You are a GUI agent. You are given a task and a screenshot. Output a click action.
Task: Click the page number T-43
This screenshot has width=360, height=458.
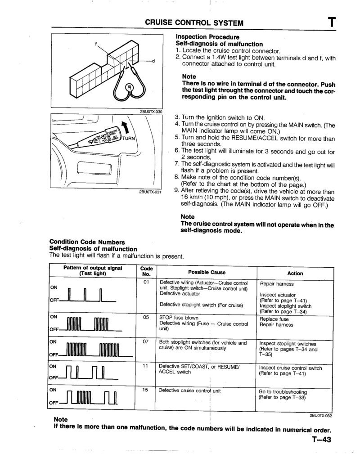click(320, 440)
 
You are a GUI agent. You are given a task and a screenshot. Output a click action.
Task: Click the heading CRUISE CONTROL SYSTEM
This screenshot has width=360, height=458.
click(194, 22)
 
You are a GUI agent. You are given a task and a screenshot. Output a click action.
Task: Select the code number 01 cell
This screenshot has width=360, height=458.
click(146, 282)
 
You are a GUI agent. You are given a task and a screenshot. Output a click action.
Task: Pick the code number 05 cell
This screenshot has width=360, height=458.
click(146, 317)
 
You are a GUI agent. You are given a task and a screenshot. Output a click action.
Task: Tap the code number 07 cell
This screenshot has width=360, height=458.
click(146, 342)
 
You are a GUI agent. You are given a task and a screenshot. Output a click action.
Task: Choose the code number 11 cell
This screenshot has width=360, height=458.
click(146, 366)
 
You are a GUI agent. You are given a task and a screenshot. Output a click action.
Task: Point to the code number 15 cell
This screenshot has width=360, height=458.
click(146, 390)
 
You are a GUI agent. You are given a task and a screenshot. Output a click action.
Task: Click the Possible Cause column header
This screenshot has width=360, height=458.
click(207, 272)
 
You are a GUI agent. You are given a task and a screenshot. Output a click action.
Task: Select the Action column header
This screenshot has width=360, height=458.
click(295, 273)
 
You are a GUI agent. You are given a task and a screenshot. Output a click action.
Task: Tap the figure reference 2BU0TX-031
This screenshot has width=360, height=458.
click(150, 192)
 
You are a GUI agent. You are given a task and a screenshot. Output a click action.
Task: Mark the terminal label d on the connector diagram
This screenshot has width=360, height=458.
click(153, 61)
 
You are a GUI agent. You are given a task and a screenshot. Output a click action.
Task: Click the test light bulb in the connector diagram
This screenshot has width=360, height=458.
click(130, 87)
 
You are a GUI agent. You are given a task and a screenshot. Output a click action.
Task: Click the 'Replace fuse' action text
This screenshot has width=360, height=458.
click(274, 319)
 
